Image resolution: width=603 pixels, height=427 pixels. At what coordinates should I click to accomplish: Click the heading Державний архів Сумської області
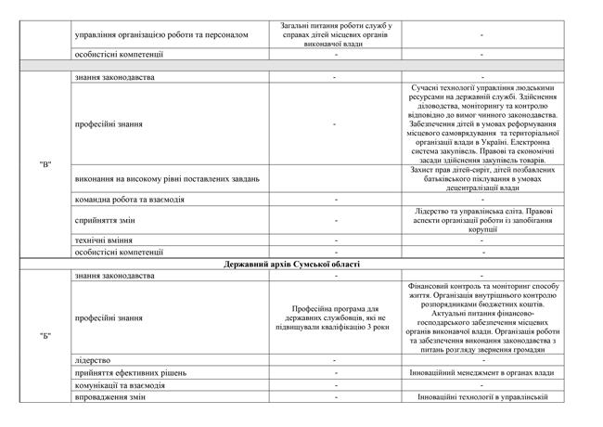291,265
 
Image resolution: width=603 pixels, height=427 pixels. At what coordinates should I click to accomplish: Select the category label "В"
45,164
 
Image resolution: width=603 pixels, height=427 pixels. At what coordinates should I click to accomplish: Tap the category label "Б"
45,335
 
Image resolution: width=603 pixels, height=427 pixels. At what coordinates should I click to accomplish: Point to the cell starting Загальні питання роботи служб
334,34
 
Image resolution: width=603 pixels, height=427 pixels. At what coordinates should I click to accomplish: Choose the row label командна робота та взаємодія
130,200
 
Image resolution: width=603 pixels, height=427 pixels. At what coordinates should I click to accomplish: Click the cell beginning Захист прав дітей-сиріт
482,177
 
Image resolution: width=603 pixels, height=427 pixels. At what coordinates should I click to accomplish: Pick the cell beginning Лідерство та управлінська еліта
482,219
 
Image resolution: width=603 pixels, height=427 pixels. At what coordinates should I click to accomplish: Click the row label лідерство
93,359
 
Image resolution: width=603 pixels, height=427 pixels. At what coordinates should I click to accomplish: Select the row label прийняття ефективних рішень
131,372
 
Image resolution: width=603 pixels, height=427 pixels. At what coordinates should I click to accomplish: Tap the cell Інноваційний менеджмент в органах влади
482,372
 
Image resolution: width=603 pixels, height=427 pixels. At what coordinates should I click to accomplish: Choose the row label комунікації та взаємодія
121,385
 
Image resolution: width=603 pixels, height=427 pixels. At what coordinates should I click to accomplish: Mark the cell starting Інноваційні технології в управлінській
482,398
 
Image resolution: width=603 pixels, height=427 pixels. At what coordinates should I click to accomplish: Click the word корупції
482,228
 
